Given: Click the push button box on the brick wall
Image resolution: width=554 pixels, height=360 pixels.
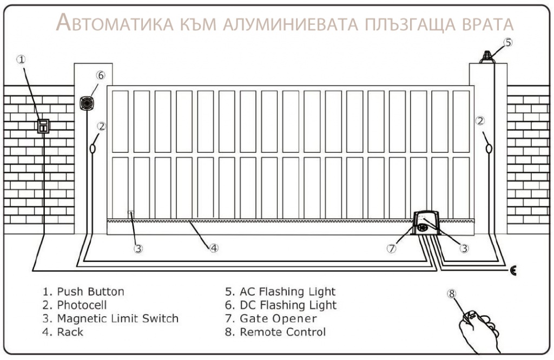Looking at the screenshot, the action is coord(43,126).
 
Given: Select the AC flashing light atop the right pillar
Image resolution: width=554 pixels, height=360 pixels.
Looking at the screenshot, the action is coord(487,57).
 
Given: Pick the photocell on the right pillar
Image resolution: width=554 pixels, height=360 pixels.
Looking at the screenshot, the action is coord(489,148).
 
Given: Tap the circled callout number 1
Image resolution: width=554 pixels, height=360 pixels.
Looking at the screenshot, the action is coord(22,60).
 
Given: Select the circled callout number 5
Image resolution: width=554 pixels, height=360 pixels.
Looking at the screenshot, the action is coord(507,42).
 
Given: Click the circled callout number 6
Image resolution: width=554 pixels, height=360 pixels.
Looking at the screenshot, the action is coord(101,75).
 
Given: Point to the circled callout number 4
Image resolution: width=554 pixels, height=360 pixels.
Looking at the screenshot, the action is coord(214,248).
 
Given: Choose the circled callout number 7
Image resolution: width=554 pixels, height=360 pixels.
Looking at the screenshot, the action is coord(392,248).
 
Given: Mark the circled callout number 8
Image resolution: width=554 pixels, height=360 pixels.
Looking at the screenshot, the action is coord(452,293).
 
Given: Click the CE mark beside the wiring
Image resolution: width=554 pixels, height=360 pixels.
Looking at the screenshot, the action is coord(513,271).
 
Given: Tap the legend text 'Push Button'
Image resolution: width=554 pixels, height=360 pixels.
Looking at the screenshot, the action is coord(91,292).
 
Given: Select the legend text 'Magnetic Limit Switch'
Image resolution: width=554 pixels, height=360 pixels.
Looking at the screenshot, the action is coord(118,319).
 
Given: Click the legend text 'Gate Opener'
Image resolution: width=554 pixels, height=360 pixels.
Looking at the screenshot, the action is coord(279,319).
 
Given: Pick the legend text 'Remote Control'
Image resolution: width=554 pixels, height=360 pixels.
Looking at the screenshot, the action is coord(282,332).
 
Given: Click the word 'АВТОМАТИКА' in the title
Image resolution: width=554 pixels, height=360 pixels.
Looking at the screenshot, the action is coord(115,23).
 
